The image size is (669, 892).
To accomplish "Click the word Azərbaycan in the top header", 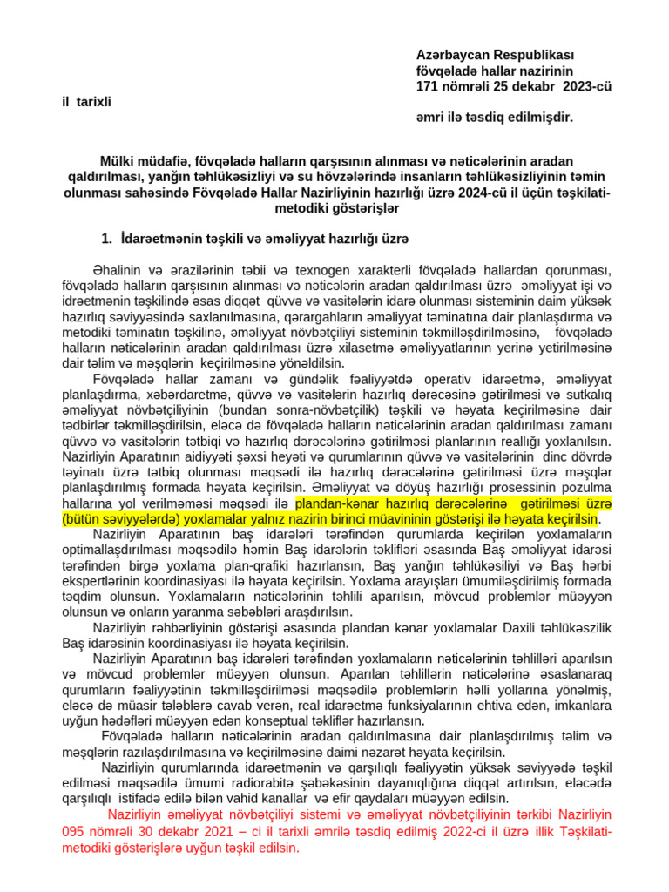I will pyautogui.click(x=450, y=55).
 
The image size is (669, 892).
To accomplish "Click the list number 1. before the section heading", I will pyautogui.click(x=107, y=238).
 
